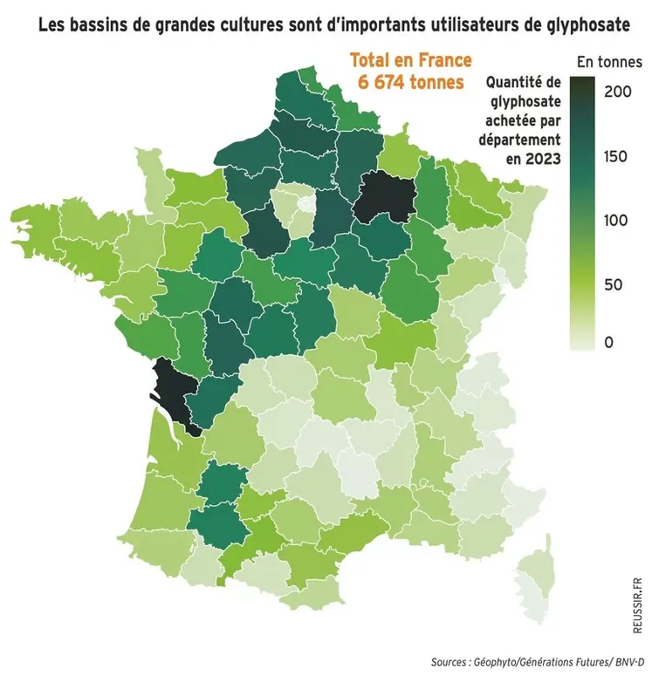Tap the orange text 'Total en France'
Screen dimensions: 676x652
410,61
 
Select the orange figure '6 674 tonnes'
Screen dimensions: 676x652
410,81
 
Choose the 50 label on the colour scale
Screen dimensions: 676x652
613,283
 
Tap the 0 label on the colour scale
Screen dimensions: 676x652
608,343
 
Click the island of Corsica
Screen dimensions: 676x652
532,593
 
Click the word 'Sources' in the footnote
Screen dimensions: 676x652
452,661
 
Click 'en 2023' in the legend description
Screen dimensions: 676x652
532,159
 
